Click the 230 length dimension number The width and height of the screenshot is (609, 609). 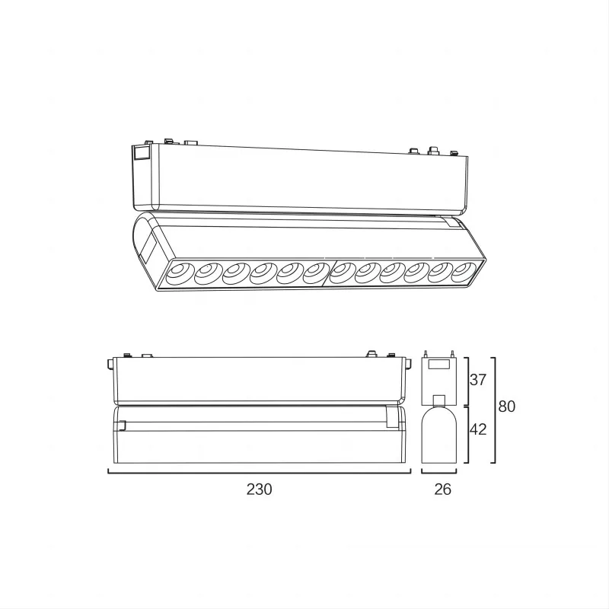tap(259, 489)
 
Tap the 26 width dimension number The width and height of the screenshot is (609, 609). tap(442, 489)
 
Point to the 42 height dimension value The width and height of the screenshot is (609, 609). tap(477, 429)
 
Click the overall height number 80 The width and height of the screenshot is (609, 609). tap(507, 407)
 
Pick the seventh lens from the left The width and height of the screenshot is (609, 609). tap(342, 272)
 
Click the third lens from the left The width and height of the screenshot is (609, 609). tap(234, 272)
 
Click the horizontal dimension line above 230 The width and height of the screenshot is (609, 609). tap(259, 473)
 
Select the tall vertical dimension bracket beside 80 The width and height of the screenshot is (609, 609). tap(496, 410)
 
